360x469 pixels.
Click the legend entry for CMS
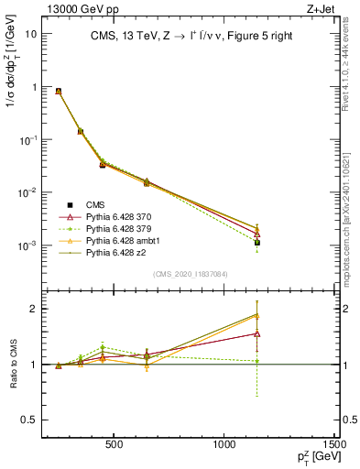(95, 204)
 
